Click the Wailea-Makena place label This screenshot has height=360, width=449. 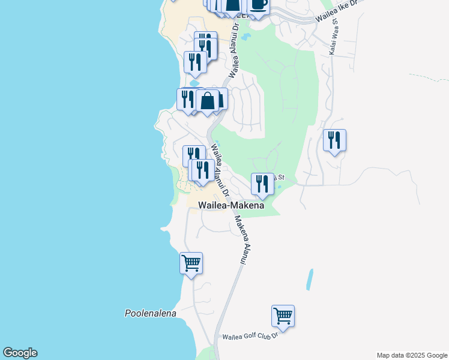[231, 205]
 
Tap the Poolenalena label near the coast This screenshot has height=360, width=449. [150, 313]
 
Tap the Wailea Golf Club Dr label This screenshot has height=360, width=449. [250, 337]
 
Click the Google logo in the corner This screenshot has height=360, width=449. [20, 353]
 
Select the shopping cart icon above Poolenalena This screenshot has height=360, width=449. [191, 263]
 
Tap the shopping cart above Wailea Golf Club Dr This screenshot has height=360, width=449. [283, 316]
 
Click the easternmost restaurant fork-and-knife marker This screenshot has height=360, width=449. [334, 140]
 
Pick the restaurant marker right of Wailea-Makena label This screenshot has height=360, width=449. [262, 183]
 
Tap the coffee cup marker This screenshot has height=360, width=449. [258, 5]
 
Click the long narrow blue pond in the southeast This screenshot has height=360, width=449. [310, 279]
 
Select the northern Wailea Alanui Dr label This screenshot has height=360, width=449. [236, 51]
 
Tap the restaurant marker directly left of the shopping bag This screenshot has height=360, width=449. [187, 99]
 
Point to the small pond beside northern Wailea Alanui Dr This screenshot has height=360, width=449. [245, 37]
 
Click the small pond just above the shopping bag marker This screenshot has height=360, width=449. [195, 83]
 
